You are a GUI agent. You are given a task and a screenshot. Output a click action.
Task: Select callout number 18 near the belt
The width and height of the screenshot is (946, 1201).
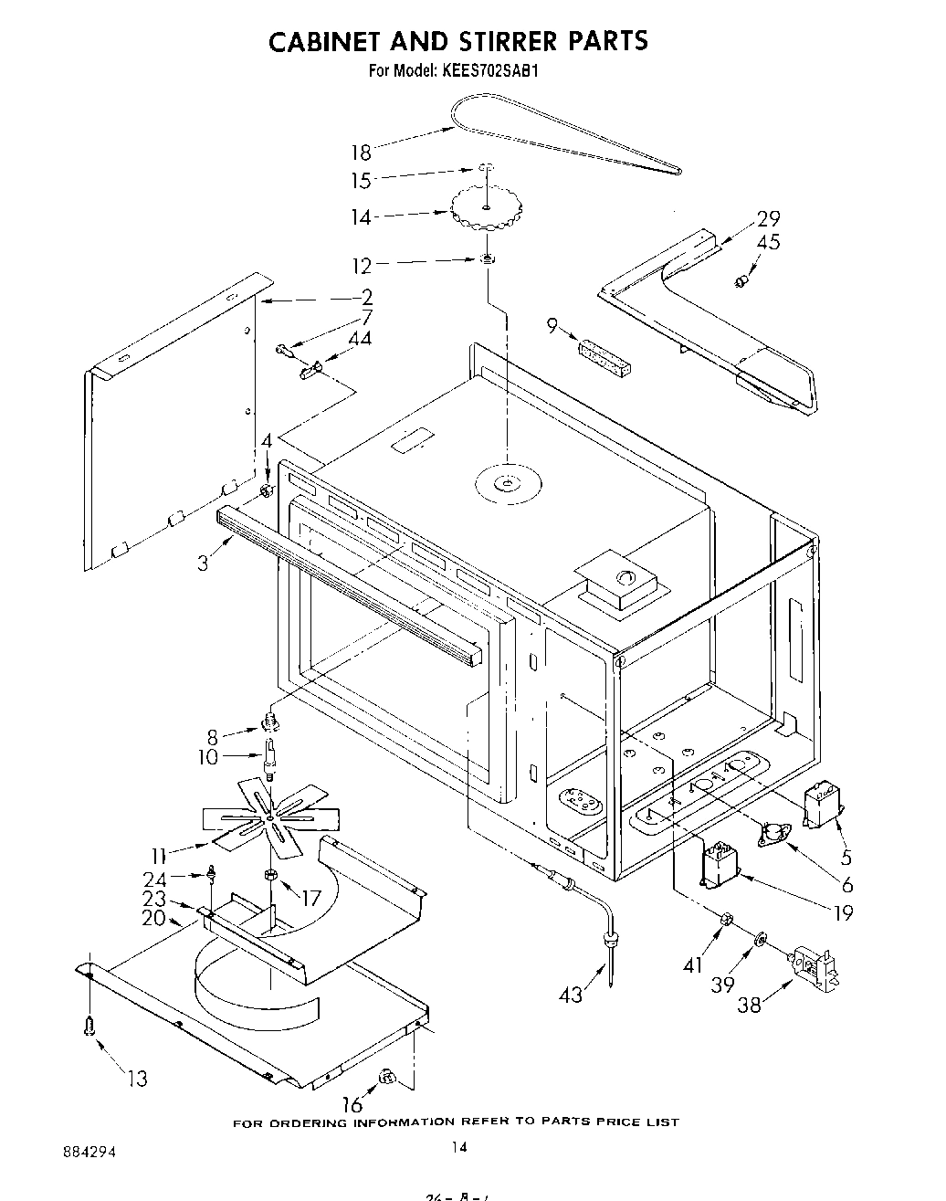click(361, 153)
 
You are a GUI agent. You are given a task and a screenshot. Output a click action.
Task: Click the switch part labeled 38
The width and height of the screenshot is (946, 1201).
click(815, 970)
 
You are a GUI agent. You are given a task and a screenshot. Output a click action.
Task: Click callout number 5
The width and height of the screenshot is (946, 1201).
click(846, 858)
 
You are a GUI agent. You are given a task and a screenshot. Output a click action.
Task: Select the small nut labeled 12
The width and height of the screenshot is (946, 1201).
click(488, 261)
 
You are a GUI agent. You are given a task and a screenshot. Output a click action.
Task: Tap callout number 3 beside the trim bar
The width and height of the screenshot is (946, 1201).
click(203, 564)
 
